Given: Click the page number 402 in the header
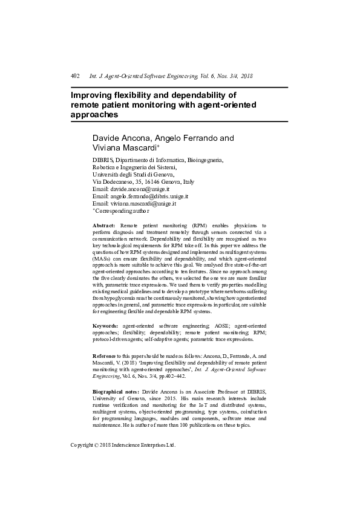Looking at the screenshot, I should point(76,76).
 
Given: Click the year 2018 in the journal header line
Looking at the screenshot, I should point(246,76).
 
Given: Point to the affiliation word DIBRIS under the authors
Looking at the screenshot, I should point(103,160).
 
